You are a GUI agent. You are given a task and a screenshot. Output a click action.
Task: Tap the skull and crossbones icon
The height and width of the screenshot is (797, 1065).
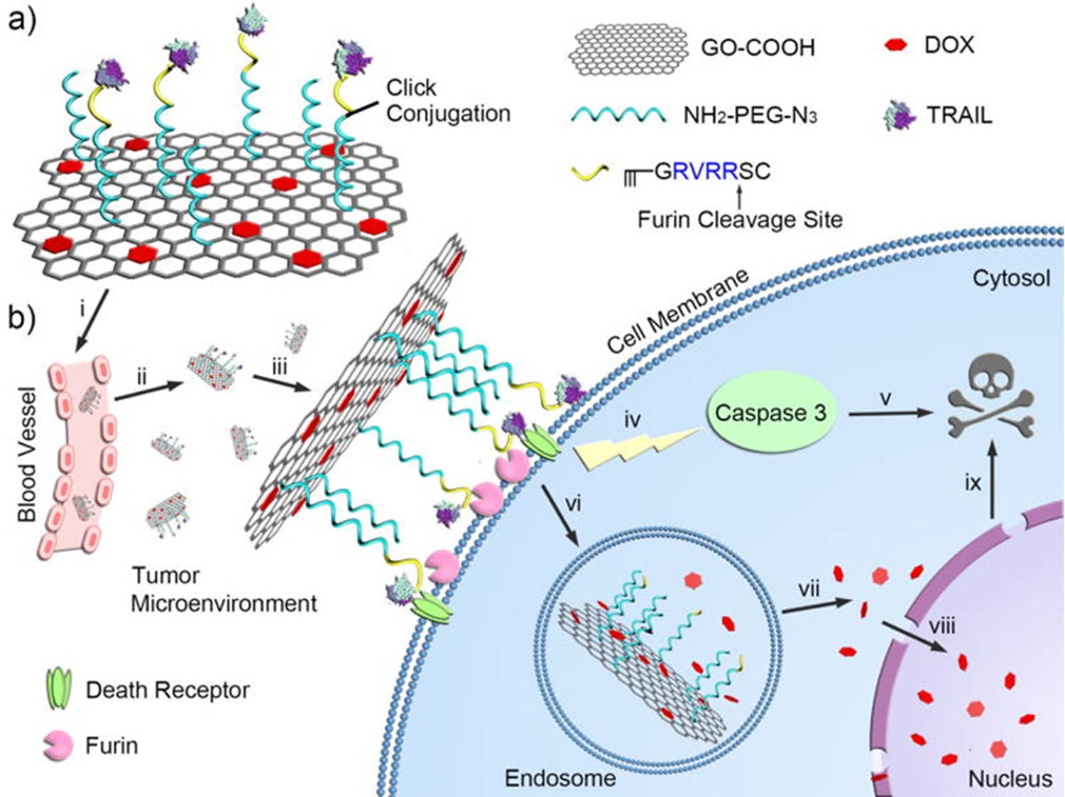(x=992, y=398)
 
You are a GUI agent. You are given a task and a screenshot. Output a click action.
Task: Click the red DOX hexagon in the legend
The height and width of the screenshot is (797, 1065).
(x=897, y=45)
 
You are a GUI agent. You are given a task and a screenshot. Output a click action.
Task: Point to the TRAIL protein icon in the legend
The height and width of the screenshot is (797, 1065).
(x=900, y=116)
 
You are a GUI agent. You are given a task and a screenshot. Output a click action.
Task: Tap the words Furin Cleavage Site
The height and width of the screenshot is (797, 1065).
(x=739, y=219)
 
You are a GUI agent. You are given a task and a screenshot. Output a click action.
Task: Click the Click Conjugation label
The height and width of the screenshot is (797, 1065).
(x=447, y=100)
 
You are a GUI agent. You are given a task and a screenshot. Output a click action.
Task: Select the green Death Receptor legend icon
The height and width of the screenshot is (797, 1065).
(x=59, y=689)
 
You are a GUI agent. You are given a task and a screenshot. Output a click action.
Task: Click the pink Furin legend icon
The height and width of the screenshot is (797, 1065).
(x=58, y=746)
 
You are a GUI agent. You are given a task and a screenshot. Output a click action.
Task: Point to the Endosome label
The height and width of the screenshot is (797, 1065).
(x=559, y=779)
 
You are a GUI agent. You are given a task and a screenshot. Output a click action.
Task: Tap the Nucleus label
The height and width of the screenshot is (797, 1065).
(x=1010, y=779)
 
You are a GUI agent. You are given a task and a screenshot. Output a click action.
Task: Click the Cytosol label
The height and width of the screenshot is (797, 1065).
(x=1010, y=278)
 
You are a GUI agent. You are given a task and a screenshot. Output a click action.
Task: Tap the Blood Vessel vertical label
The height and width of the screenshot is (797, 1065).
(x=26, y=454)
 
